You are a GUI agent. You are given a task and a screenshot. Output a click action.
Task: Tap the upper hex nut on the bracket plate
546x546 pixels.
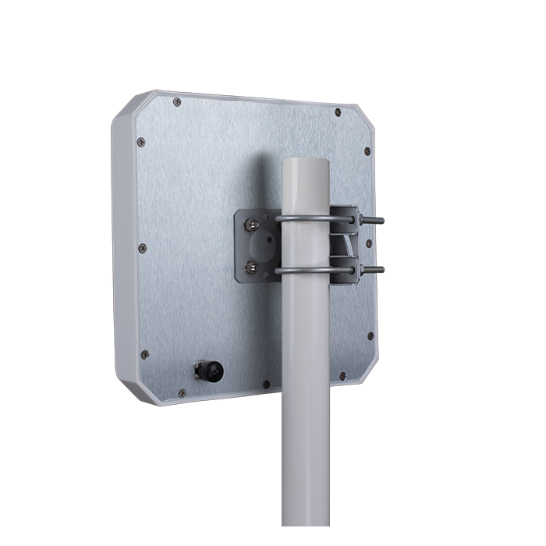click(252, 225)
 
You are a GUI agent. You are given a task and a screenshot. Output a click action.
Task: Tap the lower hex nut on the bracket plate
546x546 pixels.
click(251, 268)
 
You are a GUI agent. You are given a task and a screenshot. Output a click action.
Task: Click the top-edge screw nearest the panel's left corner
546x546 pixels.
click(177, 101)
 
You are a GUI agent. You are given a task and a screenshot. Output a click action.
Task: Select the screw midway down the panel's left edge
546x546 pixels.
click(142, 248)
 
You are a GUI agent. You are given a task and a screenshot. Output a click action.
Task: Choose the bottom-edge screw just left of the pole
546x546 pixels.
click(266, 384)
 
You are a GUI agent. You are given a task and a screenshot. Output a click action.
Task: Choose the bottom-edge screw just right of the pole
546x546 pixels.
click(343, 376)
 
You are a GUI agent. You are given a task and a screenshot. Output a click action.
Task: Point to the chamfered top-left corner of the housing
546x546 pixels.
click(125, 109)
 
